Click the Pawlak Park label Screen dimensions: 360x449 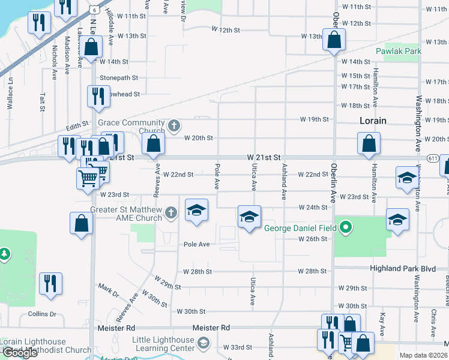(399, 51)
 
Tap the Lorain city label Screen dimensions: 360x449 (373, 121)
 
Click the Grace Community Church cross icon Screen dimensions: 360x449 (174, 126)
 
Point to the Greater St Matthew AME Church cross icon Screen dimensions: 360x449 (171, 212)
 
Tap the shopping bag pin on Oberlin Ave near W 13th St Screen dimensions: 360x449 (335, 40)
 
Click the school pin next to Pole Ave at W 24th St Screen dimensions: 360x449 (196, 210)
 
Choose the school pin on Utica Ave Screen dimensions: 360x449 (249, 217)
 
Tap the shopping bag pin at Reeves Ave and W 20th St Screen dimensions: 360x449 (154, 144)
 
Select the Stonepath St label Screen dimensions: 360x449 (119, 78)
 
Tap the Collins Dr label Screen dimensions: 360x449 (41, 314)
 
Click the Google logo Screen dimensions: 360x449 (20, 353)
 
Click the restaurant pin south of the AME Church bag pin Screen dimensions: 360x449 (50, 283)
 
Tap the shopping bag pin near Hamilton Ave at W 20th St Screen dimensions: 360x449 (369, 144)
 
